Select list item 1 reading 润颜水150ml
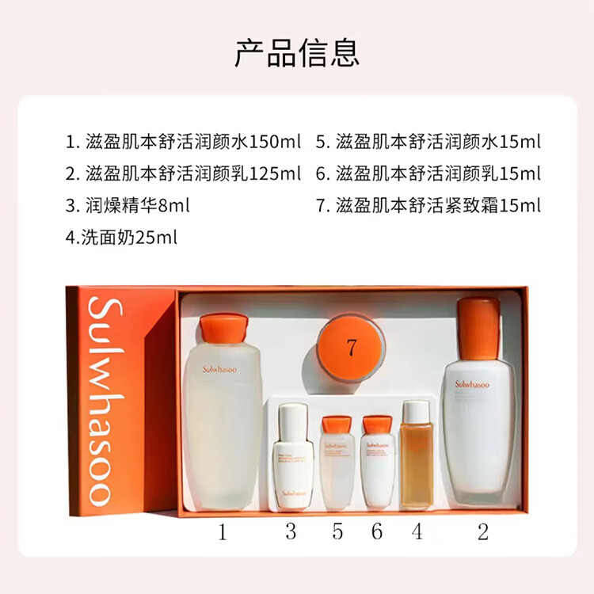183,142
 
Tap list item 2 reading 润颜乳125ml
183,173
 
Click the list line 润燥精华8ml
128,205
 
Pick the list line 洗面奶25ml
121,237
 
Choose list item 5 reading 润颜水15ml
428,142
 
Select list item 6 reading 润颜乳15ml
428,173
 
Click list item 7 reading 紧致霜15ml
428,205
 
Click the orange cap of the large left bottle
224,328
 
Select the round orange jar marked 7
351,346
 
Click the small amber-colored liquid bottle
417,455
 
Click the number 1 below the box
223,531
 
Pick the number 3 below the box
291,531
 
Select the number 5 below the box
338,531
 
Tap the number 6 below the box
377,531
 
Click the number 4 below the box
417,531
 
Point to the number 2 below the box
482,531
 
